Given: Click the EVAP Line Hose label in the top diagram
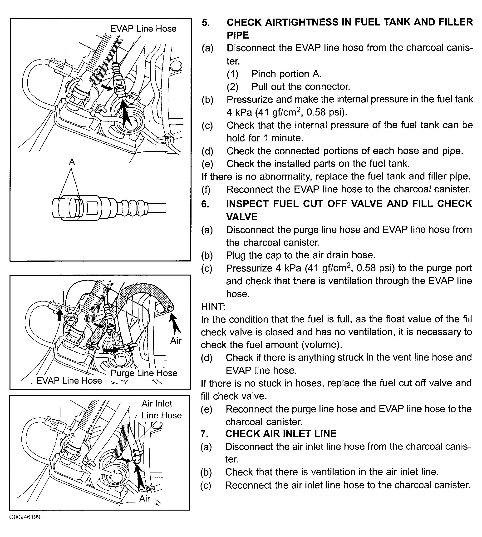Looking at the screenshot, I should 143,29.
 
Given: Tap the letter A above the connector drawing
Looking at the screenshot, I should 72,162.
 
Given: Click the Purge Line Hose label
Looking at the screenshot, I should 144,373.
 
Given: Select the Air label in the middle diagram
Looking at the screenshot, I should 176,341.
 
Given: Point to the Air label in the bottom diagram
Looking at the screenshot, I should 145,499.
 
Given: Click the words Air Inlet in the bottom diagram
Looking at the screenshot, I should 157,404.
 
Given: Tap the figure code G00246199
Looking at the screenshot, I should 25,517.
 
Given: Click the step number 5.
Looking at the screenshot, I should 206,23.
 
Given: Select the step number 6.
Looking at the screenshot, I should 205,204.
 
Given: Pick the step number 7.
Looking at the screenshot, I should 204,434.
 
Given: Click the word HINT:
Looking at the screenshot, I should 213,307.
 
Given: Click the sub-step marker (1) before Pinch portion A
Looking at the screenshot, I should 232,74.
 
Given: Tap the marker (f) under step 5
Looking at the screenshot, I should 206,190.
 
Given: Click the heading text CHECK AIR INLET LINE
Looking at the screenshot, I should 281,434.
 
